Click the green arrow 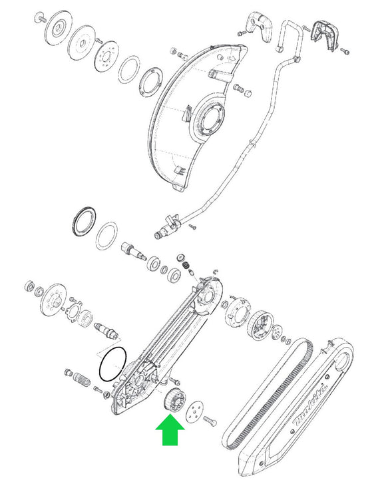(170, 430)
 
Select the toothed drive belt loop (268, 393)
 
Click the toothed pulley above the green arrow (175, 399)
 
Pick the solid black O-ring (113, 363)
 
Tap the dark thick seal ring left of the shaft (84, 222)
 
